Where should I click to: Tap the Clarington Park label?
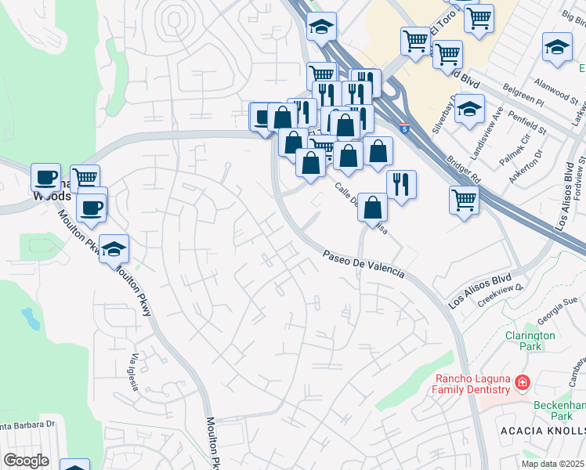[530, 341]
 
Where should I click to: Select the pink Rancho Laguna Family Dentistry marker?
[522, 384]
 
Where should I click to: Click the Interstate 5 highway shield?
[403, 128]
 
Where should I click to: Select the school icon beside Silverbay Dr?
[470, 108]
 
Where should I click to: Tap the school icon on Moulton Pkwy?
[114, 248]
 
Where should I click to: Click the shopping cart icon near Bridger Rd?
[464, 199]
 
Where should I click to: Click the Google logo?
[27, 461]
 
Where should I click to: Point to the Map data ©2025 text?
[553, 464]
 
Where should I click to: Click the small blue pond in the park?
[31, 317]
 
